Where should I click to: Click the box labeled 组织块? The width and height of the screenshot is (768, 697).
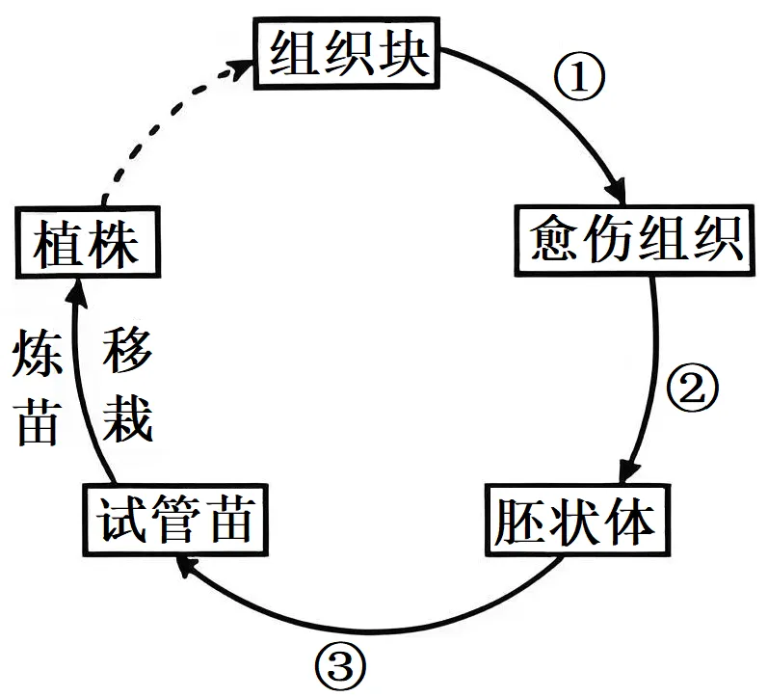tap(346, 53)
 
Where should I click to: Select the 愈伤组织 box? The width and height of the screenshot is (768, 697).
tap(634, 240)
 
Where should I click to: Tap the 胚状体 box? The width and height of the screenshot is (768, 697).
tap(577, 520)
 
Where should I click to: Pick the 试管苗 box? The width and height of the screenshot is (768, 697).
tap(175, 520)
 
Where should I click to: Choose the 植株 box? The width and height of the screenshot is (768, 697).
tap(88, 242)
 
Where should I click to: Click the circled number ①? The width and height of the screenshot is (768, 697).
tap(579, 76)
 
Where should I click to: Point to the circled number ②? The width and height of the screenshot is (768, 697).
tap(693, 388)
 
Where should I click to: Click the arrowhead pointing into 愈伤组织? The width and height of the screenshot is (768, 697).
tap(617, 190)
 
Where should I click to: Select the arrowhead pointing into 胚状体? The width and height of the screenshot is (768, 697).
tap(629, 470)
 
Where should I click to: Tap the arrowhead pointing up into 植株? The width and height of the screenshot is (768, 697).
tap(76, 293)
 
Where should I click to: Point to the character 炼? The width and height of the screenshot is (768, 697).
tap(38, 353)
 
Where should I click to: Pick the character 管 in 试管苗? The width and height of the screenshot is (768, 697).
tap(176, 520)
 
